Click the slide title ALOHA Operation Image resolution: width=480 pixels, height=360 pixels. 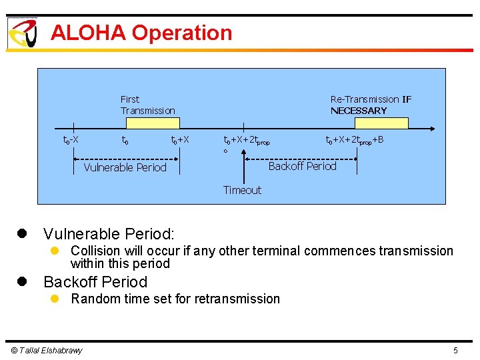coord(141,33)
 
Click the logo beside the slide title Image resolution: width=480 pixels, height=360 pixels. coord(23,33)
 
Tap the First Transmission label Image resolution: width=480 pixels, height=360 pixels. coord(147,105)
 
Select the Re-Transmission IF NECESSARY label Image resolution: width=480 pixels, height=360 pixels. coord(371,105)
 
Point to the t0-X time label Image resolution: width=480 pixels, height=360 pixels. coord(71,140)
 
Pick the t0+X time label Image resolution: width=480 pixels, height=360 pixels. coord(180,140)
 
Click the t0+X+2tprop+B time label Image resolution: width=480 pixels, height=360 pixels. coord(354,140)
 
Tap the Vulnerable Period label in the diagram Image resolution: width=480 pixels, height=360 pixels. coord(125,167)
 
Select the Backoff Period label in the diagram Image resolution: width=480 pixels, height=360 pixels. coord(302,166)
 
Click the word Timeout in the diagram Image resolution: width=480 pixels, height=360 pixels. coord(242,190)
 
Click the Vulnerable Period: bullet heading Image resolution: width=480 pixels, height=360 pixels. coord(109,234)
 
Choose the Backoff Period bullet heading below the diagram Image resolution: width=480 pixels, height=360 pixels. coord(95,281)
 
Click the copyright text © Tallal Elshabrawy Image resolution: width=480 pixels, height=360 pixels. coord(45,351)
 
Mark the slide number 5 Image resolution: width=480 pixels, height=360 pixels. coord(455,351)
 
